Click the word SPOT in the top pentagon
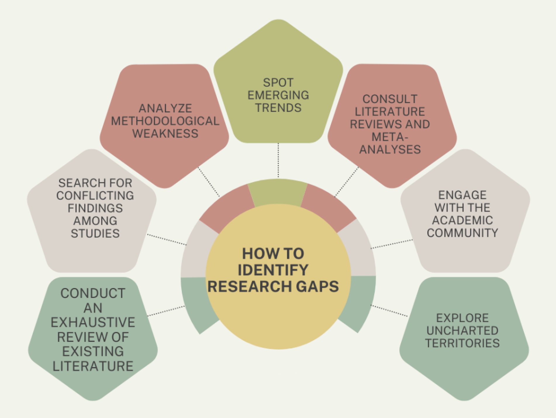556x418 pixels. coord(278,83)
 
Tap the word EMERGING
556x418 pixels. coord(278,95)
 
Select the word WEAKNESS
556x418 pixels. coord(165,133)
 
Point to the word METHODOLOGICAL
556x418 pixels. coord(165,121)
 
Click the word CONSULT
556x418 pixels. coord(390,99)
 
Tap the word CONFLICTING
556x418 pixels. coord(95,196)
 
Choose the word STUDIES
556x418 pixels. coord(95,233)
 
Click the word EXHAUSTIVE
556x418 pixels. coord(93,322)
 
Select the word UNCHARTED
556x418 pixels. coord(462,330)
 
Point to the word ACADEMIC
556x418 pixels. coord(462,220)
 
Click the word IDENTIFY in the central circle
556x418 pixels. coord(273,270)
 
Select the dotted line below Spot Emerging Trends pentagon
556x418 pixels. coord(278,160)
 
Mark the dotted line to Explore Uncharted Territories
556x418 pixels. coord(389,311)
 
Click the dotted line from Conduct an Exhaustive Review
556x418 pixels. coord(166,311)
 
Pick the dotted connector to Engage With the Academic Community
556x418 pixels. coord(392,244)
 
